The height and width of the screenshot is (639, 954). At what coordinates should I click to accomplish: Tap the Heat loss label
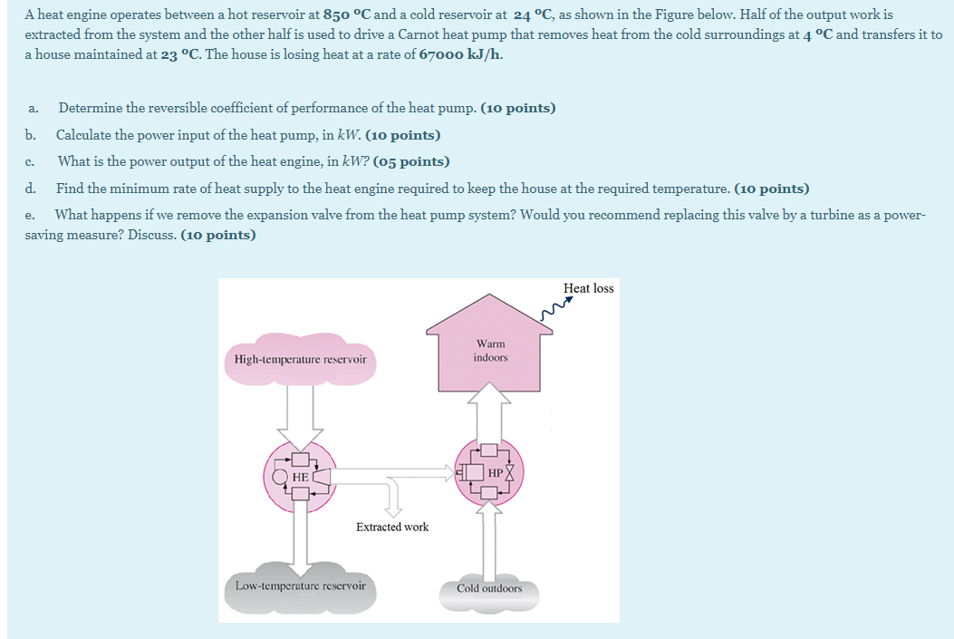click(x=588, y=288)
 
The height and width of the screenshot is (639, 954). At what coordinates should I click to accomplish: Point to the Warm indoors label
click(x=490, y=351)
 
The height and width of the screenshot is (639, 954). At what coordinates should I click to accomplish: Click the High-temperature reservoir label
click(x=300, y=360)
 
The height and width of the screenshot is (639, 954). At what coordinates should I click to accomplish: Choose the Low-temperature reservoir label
click(x=300, y=586)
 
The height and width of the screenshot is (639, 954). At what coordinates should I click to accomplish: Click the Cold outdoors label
click(x=489, y=588)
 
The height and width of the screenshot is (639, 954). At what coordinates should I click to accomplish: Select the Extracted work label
click(x=392, y=527)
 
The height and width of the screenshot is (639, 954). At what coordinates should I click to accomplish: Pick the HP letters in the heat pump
click(x=495, y=472)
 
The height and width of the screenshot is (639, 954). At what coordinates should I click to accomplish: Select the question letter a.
click(x=32, y=109)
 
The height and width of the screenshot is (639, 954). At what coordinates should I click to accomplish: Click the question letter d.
click(x=31, y=189)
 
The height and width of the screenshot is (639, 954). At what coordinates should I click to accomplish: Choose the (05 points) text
click(x=411, y=162)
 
